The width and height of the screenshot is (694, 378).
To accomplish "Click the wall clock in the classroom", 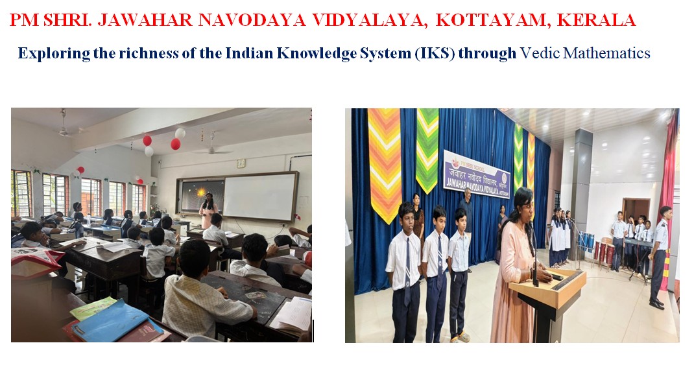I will point(241,163).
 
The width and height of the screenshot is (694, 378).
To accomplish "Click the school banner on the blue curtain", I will point(476,172).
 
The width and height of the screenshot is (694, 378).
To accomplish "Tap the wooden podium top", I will point(547,280).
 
